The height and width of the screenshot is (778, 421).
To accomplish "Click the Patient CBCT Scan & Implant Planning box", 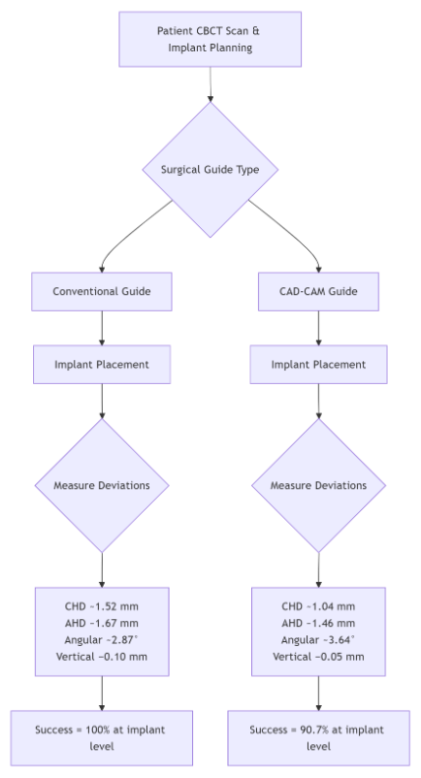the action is click(210, 39).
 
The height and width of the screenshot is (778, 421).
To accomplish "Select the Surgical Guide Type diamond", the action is click(210, 170).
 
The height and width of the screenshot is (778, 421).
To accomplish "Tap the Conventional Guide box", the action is click(102, 291).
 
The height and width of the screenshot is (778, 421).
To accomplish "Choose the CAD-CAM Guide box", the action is click(318, 291).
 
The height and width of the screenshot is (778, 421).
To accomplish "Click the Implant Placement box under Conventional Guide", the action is click(102, 365).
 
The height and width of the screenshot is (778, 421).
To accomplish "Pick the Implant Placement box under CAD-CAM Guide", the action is click(318, 365).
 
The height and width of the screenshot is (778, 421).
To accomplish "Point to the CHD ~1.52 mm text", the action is click(102, 606).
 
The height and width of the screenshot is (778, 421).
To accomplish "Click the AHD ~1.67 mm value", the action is click(102, 623).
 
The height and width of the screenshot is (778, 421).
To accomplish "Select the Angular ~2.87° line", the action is click(102, 640).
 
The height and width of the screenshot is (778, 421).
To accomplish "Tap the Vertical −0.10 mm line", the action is click(102, 657).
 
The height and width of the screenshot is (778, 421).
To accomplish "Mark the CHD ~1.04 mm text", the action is click(318, 606).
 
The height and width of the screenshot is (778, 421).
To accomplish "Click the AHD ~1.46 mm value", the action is click(318, 623).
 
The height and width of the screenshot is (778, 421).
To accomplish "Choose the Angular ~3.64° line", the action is click(318, 640).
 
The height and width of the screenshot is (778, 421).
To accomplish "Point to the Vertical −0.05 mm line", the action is click(318, 657).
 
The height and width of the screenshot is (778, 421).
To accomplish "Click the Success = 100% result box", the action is click(102, 738).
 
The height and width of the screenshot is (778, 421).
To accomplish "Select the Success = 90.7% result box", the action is click(318, 738).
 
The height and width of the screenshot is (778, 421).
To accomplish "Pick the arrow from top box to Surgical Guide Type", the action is click(210, 84).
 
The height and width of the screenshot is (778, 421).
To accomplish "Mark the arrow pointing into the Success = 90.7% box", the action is click(318, 694).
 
